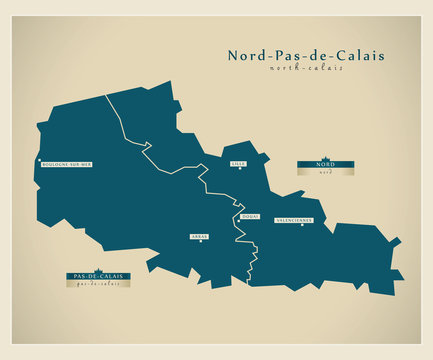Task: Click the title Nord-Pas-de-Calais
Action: coord(305,56)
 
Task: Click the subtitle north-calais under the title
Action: coord(305,69)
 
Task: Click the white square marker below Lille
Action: coord(240,167)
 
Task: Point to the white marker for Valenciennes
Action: coord(301,225)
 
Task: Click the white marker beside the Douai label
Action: coord(238,217)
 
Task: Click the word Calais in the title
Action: coord(364,56)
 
